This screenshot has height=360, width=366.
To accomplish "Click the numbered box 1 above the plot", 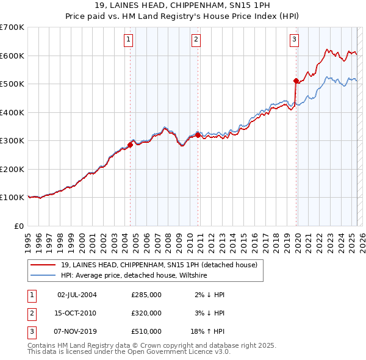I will pos(129,40).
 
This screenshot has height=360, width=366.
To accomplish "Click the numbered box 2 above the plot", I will pos(196,40).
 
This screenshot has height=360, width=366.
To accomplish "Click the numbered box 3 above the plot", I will pos(294,40).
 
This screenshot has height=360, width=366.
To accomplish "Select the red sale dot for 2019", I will pos(296,81).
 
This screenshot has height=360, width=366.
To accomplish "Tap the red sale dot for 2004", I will pos(130,145).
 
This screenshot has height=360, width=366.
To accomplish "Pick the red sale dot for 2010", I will pos(198,135).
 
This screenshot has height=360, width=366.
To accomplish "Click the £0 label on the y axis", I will pos(19,226).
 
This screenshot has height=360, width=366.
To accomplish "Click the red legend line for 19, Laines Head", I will pos(43,265).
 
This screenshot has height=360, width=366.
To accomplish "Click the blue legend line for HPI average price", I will pos(43,275).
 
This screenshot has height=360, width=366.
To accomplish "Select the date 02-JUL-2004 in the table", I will pos(77,295).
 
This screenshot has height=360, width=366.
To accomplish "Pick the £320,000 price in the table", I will pos(146,313).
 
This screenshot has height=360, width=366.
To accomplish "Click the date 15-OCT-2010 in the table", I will pos(77,313).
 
